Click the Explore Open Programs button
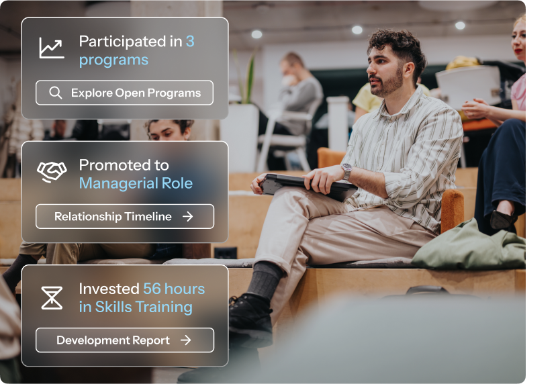125,93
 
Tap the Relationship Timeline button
125,216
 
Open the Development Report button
125,340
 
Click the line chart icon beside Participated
52,48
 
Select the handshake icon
52,171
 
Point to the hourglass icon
52,298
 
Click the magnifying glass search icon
55,93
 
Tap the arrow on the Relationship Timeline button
188,216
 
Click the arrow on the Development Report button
186,340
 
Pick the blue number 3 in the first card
190,42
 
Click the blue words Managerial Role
136,183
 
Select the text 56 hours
174,289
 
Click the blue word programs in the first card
113,60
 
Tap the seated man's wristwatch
346,171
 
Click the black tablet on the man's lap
307,186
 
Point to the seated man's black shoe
250,319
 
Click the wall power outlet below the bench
226,253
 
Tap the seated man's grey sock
265,281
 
